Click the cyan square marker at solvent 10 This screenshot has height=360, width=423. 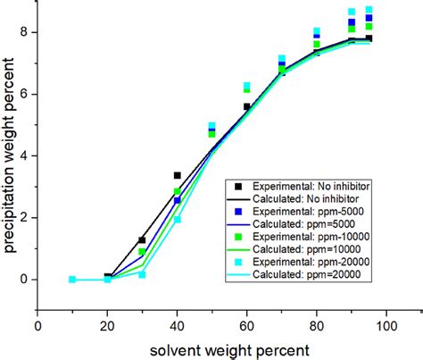click(73, 280)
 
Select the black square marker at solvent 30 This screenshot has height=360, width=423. click(143, 240)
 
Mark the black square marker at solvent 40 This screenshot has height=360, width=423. click(178, 175)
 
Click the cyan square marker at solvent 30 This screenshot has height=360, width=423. click(143, 274)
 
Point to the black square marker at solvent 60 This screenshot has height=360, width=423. click(247, 106)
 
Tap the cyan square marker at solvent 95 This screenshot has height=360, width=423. click(369, 10)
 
